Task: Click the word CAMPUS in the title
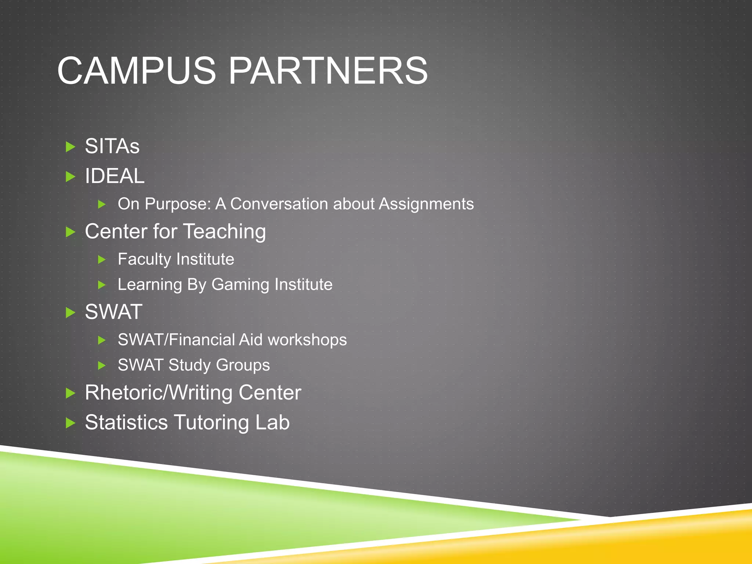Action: [137, 70]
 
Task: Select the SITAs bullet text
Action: [112, 146]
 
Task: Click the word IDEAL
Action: [115, 176]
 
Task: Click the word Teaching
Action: [224, 232]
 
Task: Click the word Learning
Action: [150, 285]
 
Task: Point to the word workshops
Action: [307, 340]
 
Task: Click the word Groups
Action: [243, 365]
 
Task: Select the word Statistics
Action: [126, 422]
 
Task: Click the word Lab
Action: [272, 422]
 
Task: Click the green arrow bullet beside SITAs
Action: [70, 147]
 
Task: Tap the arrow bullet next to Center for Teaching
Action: [70, 232]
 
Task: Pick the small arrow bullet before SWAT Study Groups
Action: [102, 365]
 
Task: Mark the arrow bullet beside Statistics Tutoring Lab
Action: [70, 423]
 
